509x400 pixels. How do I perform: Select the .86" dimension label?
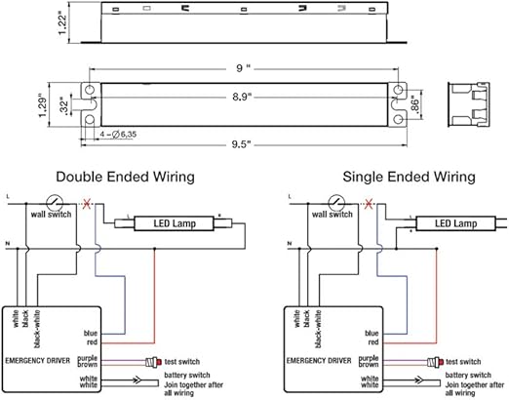tap(416, 103)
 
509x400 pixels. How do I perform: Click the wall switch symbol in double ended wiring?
tap(56, 199)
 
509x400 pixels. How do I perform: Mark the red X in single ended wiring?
tap(368, 204)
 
